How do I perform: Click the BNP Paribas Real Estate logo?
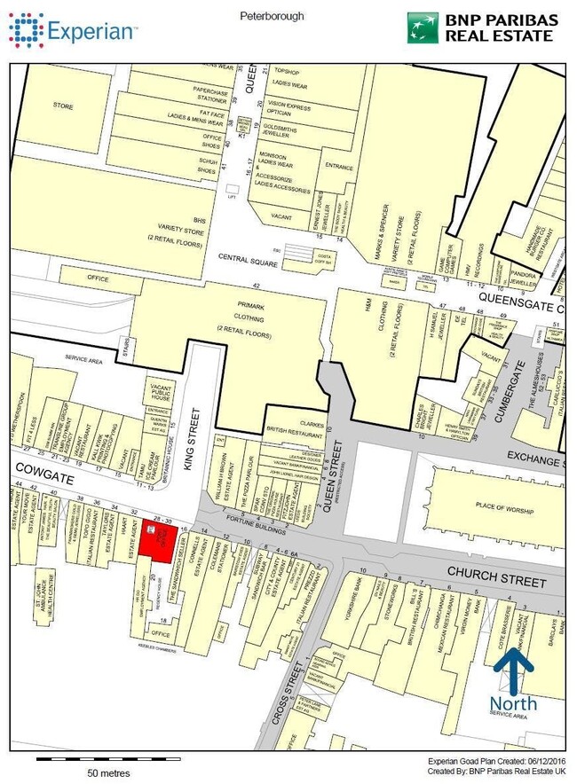480,27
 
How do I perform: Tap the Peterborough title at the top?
272,16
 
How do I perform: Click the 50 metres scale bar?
108,760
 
